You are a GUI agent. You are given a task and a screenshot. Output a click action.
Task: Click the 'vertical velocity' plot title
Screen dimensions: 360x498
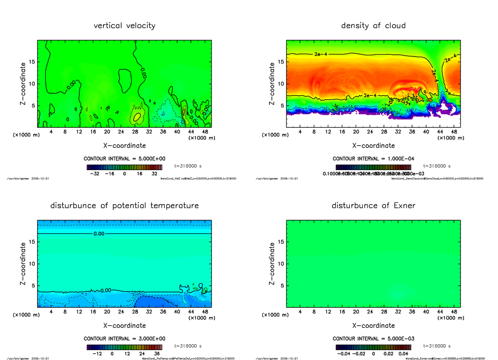124,26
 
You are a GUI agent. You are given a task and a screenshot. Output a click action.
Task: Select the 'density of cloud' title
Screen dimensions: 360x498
373,26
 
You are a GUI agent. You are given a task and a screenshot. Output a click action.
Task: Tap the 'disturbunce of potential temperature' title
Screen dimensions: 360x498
124,206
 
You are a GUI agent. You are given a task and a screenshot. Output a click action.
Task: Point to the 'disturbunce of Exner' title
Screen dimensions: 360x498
373,206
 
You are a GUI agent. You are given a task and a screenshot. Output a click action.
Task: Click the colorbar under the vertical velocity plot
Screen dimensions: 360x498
124,167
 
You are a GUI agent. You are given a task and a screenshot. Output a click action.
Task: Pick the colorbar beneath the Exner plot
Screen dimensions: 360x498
373,347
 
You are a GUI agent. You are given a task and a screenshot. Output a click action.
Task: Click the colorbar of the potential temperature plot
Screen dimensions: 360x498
124,347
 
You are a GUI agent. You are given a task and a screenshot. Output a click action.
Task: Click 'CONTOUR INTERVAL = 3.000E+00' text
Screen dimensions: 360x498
124,338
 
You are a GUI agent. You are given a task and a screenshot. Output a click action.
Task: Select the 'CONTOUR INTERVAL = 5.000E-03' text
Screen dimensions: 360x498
373,338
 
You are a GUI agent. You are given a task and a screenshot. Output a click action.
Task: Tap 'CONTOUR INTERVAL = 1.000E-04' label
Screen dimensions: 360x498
373,158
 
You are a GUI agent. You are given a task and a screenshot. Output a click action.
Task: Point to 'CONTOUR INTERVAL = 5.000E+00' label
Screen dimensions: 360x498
124,158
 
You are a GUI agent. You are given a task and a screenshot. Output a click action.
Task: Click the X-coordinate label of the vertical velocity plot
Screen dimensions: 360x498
124,146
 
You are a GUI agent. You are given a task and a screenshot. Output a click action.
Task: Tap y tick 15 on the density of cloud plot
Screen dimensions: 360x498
281,62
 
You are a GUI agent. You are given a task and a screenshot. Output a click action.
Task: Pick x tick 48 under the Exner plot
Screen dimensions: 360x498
454,312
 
